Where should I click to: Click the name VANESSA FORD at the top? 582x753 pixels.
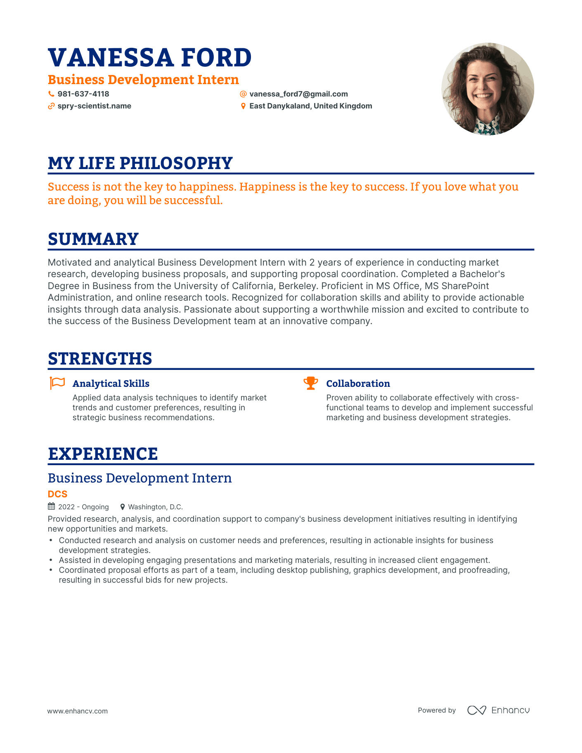coord(149,57)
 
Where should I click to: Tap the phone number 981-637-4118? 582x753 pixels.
coord(83,94)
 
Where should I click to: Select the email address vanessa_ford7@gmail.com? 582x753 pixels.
coord(298,94)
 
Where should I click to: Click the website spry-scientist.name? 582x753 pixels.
coord(94,106)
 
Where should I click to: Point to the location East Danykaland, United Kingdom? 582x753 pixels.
coord(310,106)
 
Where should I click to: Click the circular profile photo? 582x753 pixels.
coord(487,89)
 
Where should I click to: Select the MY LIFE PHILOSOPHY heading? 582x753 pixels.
coord(140,163)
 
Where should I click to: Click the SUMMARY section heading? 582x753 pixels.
coord(93,239)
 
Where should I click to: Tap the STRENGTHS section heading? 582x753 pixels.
coord(100,359)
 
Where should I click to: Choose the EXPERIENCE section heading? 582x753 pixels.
coord(103,454)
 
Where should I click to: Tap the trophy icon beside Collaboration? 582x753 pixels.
coord(310,383)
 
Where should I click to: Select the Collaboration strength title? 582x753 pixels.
coord(358,384)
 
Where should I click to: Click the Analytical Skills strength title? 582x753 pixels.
coord(111,384)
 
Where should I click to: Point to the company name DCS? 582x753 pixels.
coord(57,494)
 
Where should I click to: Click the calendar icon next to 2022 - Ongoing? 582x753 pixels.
coord(52,506)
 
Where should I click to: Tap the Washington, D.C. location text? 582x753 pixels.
coord(155,507)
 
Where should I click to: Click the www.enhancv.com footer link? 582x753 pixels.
coord(78,711)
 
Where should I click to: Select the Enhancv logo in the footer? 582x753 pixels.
coord(498,710)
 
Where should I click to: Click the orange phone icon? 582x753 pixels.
coord(51,94)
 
